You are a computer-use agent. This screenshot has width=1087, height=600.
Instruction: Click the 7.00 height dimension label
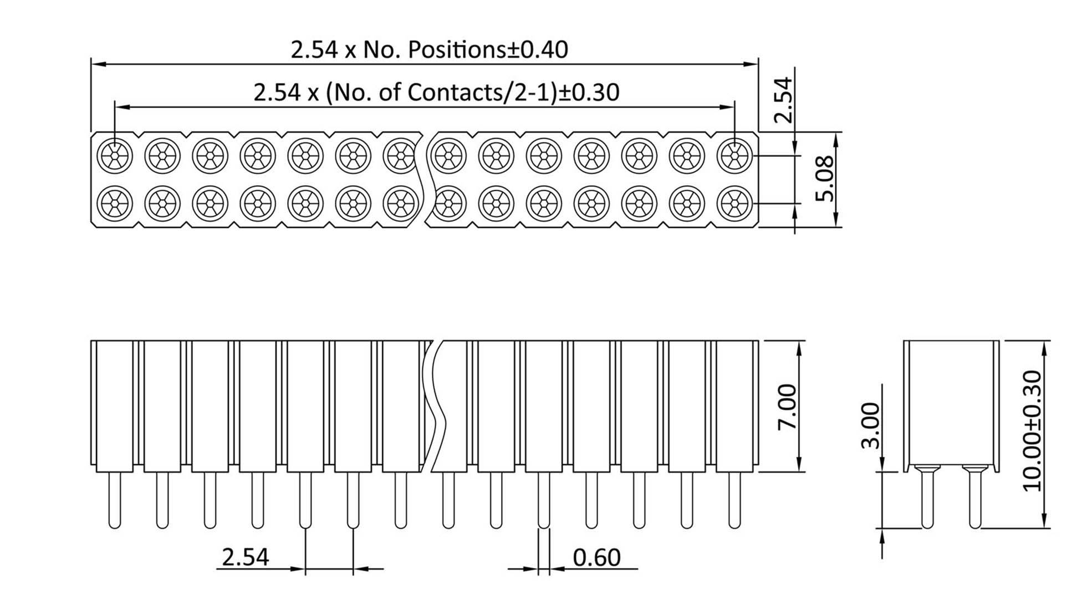tap(787, 406)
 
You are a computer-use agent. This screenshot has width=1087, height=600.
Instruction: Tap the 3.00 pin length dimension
tap(872, 425)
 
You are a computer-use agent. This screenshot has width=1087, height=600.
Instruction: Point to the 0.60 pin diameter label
tap(596, 557)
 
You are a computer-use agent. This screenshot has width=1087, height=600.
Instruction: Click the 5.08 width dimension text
tap(825, 179)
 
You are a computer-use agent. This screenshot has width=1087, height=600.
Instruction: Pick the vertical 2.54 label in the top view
tap(783, 100)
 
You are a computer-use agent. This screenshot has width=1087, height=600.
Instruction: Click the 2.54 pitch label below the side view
tap(245, 557)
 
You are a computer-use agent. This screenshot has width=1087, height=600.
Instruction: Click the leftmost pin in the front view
tap(114, 499)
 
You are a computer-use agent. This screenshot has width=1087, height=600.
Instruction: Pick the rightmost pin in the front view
tap(734, 499)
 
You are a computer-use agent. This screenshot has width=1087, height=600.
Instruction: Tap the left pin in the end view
tap(927, 499)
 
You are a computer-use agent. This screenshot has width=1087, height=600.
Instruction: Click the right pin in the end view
tap(975, 499)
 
